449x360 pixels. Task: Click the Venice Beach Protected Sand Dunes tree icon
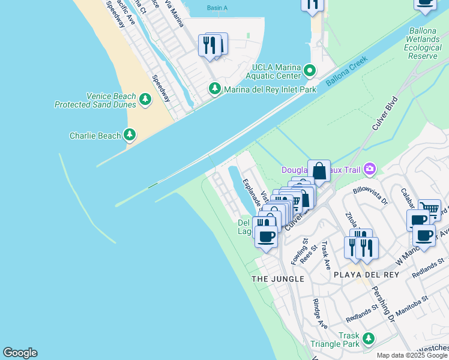pyautogui.click(x=145, y=100)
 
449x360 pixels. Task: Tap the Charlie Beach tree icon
pyautogui.click(x=130, y=135)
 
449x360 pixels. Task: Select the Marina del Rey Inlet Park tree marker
pyautogui.click(x=215, y=89)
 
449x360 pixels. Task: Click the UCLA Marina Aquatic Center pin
pyautogui.click(x=310, y=71)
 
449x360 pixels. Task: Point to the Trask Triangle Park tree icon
pyautogui.click(x=368, y=340)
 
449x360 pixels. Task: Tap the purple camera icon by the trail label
pyautogui.click(x=369, y=170)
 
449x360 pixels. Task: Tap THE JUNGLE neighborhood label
pyautogui.click(x=278, y=279)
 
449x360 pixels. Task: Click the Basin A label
pyautogui.click(x=217, y=8)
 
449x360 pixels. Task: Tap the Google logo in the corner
pyautogui.click(x=20, y=353)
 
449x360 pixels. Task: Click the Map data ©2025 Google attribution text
pyautogui.click(x=412, y=355)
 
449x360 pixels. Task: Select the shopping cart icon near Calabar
pyautogui.click(x=429, y=209)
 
